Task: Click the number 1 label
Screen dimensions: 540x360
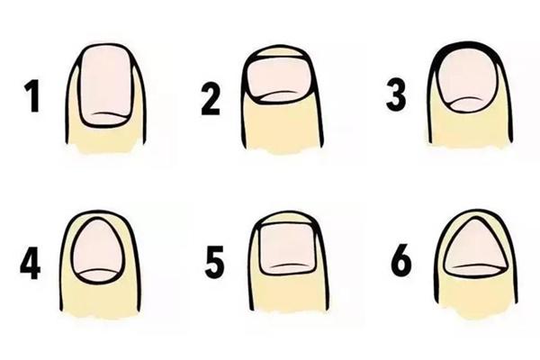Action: coord(32,95)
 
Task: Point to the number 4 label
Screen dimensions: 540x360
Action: coord(31,262)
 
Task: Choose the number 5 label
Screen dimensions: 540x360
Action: coord(214,263)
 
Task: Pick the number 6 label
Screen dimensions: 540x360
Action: coord(401,260)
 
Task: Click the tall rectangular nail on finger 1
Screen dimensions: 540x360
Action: coord(105,86)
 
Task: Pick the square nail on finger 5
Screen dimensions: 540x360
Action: coord(286,249)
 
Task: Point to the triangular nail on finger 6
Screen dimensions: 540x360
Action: coord(475,248)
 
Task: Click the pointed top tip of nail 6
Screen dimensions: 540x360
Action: coord(474,218)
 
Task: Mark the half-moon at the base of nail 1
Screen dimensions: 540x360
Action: coord(107,120)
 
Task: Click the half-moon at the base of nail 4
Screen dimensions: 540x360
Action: coord(98,276)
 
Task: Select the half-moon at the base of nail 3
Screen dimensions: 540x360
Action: coord(466,104)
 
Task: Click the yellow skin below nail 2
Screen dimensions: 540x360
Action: coord(283,126)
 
